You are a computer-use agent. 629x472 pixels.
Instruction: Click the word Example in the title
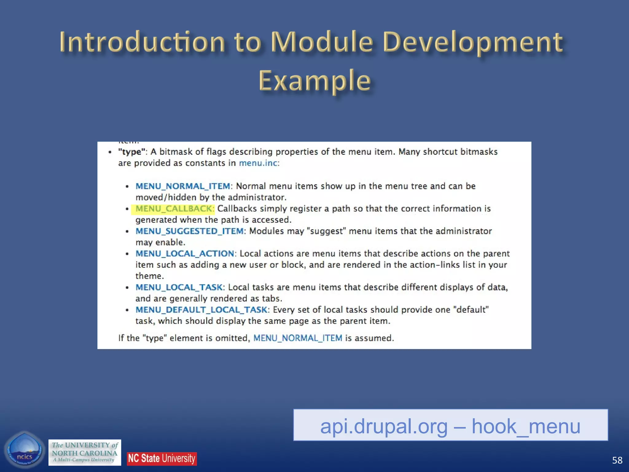click(314, 81)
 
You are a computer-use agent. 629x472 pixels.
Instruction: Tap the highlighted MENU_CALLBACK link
click(174, 209)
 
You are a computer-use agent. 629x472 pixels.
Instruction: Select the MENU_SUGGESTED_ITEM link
click(189, 231)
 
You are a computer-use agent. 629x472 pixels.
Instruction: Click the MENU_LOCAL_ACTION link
click(185, 254)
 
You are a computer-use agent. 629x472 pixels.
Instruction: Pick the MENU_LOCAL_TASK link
click(179, 287)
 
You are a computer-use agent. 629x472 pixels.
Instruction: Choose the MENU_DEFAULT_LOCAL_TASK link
click(201, 310)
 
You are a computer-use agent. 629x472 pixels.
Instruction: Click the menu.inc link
click(258, 163)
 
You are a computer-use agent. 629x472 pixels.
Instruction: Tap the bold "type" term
click(131, 152)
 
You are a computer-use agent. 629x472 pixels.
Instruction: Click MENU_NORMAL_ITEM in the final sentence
click(298, 338)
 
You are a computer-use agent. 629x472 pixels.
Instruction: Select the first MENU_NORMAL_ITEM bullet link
click(183, 186)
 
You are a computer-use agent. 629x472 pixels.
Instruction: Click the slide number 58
click(617, 460)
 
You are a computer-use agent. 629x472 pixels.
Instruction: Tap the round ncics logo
click(24, 450)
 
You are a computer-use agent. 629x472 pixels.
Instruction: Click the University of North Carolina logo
click(84, 452)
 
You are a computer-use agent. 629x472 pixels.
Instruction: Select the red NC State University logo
click(162, 458)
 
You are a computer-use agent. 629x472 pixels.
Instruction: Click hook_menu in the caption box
click(526, 426)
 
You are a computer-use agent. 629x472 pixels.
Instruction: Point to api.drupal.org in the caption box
click(384, 426)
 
